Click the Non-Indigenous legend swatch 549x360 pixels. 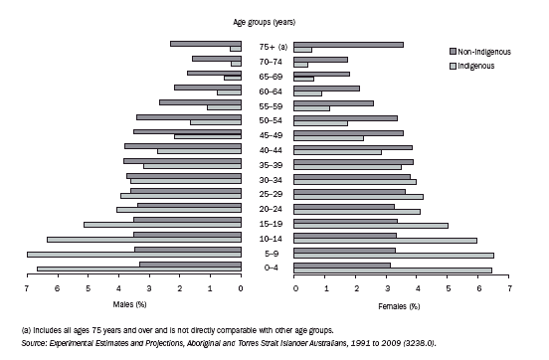point(452,52)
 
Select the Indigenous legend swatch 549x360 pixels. point(452,66)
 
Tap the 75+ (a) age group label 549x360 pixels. point(269,47)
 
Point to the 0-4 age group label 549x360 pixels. point(269,268)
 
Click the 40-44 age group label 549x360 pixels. point(269,149)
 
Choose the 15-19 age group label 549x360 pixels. point(269,224)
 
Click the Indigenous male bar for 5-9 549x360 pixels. point(134,255)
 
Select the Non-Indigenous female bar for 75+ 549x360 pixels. point(349,44)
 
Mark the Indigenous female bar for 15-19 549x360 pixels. point(372,225)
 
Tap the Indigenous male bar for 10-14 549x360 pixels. point(144,240)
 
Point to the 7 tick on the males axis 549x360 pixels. point(27,288)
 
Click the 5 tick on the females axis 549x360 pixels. point(449,288)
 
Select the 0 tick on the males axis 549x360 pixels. point(241,288)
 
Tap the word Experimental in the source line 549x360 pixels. point(56,341)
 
